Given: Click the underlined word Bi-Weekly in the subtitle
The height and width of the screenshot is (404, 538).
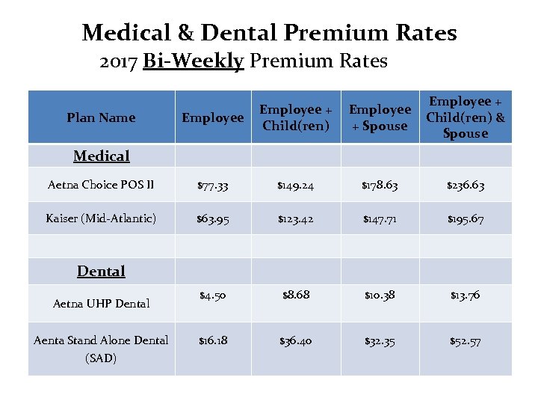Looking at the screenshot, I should coord(194,61).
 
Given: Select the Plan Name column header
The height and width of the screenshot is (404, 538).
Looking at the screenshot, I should coord(101,117).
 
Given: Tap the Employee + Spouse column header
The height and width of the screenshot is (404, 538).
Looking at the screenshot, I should coord(380,117).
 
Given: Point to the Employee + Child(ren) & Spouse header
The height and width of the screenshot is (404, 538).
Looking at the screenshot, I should coord(465,117).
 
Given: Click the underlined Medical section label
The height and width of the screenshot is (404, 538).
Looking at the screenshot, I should coord(102,156).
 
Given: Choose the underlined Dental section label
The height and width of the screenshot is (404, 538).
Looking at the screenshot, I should coord(102,271).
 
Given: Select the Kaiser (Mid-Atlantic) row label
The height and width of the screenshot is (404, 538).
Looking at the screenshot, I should coord(101,218).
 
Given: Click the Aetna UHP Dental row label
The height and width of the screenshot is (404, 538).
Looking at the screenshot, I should coord(102,303).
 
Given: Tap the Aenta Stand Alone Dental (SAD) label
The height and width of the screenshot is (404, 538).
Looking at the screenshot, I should coord(101,349).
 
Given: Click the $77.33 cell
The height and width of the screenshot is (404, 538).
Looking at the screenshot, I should coord(214,186).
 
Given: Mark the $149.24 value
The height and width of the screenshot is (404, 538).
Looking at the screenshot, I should coord(296,186).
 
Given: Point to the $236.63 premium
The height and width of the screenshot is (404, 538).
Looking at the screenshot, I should coord(466,186).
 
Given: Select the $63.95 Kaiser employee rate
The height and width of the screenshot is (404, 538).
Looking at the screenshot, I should coord(214,219).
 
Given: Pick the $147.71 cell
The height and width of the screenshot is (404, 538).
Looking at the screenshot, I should coord(380,219).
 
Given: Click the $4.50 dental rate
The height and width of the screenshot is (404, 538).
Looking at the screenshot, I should coord(214,296).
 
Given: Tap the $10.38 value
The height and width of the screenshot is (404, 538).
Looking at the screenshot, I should coord(380,296).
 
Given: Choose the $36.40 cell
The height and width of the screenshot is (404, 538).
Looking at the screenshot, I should coord(296,341).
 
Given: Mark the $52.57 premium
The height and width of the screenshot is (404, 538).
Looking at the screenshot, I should coord(466,341).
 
